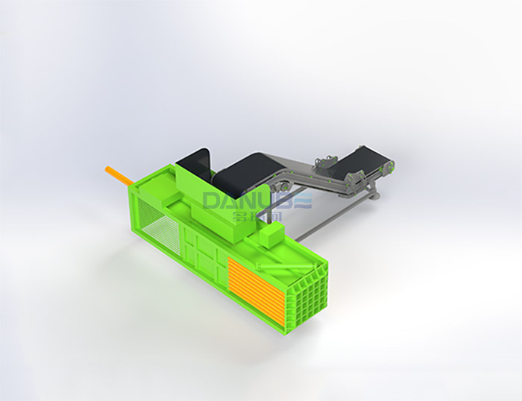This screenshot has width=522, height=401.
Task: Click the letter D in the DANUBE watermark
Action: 213,201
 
